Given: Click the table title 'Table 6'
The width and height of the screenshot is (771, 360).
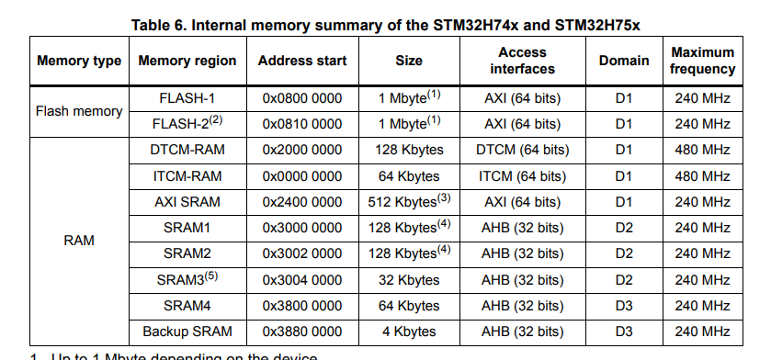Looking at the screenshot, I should [385, 24].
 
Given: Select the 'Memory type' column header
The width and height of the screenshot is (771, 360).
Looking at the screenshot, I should [79, 61].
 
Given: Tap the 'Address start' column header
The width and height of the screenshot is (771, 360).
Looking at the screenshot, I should [302, 61].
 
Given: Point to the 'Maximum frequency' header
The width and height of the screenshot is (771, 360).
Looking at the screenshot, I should [702, 61].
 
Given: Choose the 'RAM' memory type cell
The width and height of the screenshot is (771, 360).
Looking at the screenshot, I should [79, 241].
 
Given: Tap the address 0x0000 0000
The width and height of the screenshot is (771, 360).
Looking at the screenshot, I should [302, 175].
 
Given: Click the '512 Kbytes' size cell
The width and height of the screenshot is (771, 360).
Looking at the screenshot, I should [409, 201].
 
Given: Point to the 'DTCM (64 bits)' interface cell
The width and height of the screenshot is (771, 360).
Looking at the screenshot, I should [522, 150].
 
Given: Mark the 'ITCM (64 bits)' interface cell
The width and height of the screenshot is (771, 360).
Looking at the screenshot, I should [522, 175].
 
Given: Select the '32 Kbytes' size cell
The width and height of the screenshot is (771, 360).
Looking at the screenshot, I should [409, 280].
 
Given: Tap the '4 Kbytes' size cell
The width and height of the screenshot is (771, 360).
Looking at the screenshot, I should [409, 332].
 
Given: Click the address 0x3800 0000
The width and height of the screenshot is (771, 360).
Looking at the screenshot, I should [302, 306].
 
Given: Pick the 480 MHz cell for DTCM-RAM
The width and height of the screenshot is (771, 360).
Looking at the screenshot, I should [702, 150].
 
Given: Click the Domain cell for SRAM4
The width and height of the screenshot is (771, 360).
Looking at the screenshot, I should [624, 306].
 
